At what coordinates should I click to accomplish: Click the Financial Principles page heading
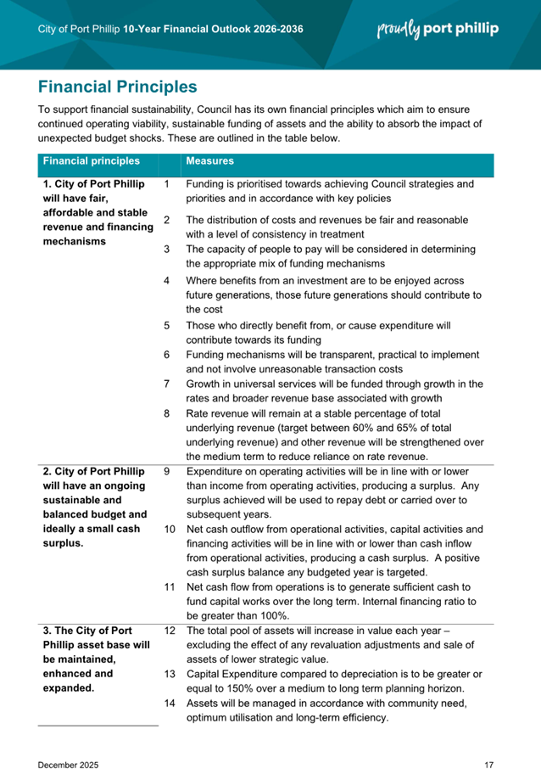[118, 87]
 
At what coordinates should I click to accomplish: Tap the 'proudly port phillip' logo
[438, 29]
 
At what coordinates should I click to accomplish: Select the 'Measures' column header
[210, 160]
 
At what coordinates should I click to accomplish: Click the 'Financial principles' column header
[92, 160]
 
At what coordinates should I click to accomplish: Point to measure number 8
[167, 413]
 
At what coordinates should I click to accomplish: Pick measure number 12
[169, 631]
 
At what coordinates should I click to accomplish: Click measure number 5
[167, 325]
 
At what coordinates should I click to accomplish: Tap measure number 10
[169, 530]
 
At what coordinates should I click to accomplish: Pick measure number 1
[167, 184]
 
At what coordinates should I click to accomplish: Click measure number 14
[169, 704]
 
